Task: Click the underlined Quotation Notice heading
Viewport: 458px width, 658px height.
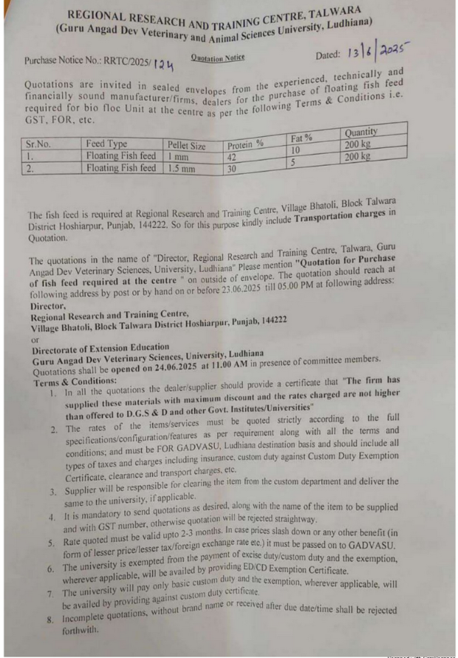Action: [218, 57]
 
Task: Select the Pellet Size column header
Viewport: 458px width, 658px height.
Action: [187, 146]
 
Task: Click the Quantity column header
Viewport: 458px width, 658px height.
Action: [361, 132]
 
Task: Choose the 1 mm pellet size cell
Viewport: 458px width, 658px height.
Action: [178, 157]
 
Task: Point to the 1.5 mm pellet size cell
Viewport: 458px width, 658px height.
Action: [182, 169]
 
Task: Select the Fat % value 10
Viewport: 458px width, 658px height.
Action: [294, 149]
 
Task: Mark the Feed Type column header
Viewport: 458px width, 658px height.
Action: [106, 144]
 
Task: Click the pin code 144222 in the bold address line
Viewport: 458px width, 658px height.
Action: [270, 320]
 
